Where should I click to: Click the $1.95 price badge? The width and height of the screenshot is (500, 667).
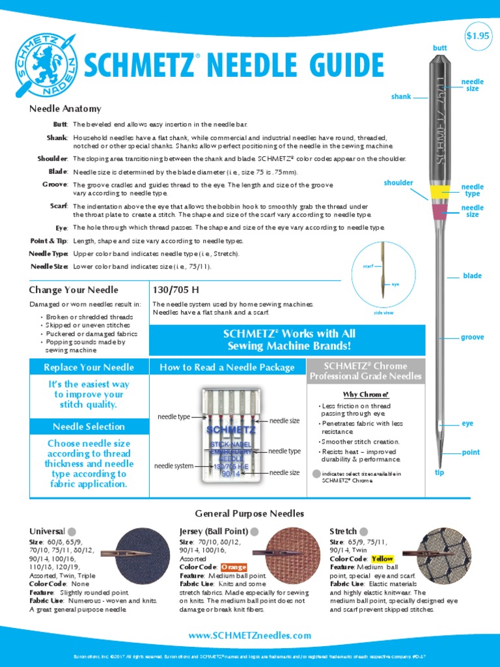click(477, 36)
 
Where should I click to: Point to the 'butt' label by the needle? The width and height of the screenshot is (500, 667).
click(440, 48)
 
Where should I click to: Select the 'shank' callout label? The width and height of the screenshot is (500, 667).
click(401, 96)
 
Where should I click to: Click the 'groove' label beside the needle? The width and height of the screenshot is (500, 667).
click(472, 337)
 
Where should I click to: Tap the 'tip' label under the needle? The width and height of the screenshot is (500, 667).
click(439, 472)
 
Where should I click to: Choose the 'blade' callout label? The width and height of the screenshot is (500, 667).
click(472, 276)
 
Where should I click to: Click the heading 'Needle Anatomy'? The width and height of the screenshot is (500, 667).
click(65, 109)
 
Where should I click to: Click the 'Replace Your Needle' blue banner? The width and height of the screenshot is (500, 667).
click(89, 367)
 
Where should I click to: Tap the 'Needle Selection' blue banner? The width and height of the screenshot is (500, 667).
click(89, 427)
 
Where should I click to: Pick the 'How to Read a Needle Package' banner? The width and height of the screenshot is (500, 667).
click(227, 367)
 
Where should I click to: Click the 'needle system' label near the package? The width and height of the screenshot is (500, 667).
click(174, 466)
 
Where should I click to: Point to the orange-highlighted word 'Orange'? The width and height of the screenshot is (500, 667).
click(234, 567)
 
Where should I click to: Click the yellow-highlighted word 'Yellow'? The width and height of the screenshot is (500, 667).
click(382, 559)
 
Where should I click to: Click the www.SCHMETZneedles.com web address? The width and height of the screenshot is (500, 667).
click(249, 635)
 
